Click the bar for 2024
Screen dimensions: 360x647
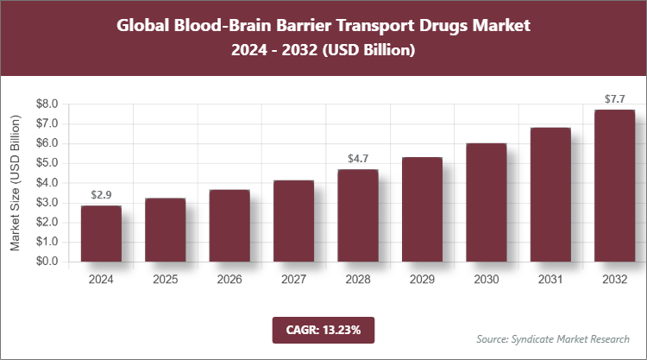tap(101, 233)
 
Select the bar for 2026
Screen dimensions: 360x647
tap(229, 225)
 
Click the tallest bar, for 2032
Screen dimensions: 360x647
tap(614, 186)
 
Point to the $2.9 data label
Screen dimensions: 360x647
tap(101, 195)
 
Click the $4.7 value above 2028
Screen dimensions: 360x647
tap(358, 159)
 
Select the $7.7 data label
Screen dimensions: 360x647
tap(614, 99)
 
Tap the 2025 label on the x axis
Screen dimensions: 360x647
tap(166, 280)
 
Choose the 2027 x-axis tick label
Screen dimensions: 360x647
tap(294, 280)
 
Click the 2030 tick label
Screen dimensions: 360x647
tap(487, 280)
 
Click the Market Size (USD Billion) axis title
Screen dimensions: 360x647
tap(16, 182)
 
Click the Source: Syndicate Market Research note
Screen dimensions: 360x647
tap(553, 338)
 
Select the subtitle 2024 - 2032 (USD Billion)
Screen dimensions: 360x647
tap(323, 51)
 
